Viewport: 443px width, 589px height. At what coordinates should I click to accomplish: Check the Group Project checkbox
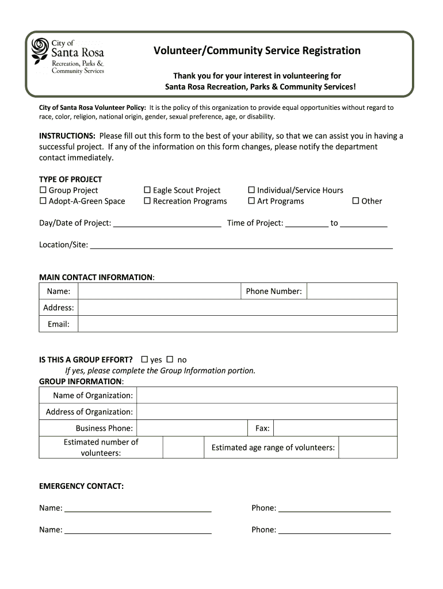click(43, 190)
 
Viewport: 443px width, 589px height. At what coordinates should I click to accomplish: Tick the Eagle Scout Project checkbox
click(147, 190)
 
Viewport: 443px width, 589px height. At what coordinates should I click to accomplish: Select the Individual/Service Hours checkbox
click(251, 190)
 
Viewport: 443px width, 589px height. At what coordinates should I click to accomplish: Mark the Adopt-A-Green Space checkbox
click(43, 201)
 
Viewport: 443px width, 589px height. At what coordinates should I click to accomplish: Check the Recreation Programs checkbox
click(147, 201)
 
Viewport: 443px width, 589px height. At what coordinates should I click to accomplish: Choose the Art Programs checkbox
click(251, 201)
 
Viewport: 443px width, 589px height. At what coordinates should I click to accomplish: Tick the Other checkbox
click(356, 201)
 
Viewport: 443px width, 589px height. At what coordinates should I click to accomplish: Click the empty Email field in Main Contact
click(237, 324)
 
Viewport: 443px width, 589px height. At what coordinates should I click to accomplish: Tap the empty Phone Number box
click(352, 291)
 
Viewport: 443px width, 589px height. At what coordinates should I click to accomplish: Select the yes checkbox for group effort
click(144, 360)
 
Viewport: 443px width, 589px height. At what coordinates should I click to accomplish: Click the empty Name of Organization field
click(267, 396)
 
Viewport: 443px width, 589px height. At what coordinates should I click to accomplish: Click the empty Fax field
click(335, 429)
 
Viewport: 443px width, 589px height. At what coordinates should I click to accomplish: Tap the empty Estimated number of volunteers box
click(183, 448)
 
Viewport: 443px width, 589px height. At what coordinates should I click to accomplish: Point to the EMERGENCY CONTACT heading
click(81, 487)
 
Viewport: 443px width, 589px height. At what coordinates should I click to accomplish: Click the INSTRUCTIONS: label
click(67, 136)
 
